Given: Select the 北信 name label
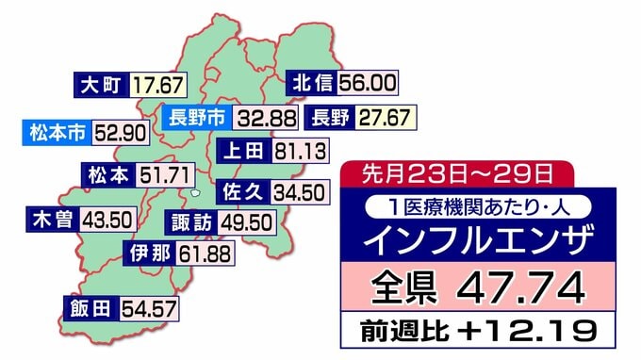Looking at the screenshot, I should point(312,82).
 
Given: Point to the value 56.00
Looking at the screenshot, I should point(367,82).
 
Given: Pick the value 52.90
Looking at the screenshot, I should point(121,132).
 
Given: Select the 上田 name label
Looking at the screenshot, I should point(242,151).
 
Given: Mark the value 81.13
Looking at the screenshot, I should point(301,151).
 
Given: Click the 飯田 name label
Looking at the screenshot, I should point(88,308).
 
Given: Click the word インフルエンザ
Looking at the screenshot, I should point(478,237).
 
